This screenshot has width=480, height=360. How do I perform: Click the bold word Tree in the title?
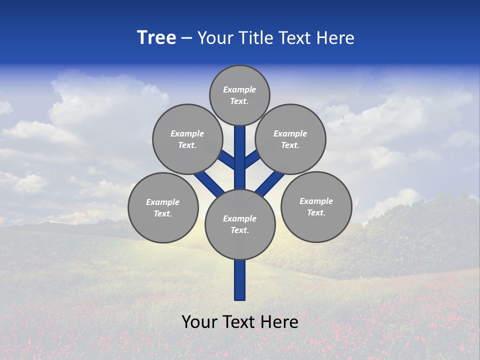point(156,38)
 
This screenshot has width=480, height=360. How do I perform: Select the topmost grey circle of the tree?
point(239,95)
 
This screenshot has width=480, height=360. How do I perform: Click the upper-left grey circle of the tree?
point(187,139)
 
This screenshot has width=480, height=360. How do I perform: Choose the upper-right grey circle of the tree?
point(290,139)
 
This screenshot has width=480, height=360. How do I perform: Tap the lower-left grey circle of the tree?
point(163,207)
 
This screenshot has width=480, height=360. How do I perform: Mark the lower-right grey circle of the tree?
point(316,206)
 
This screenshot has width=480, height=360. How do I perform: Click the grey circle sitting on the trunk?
point(240,224)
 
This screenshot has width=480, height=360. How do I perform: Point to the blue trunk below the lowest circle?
point(240,280)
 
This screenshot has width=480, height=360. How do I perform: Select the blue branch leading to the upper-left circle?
point(226,160)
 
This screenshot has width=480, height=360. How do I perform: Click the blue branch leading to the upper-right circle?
point(252,159)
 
